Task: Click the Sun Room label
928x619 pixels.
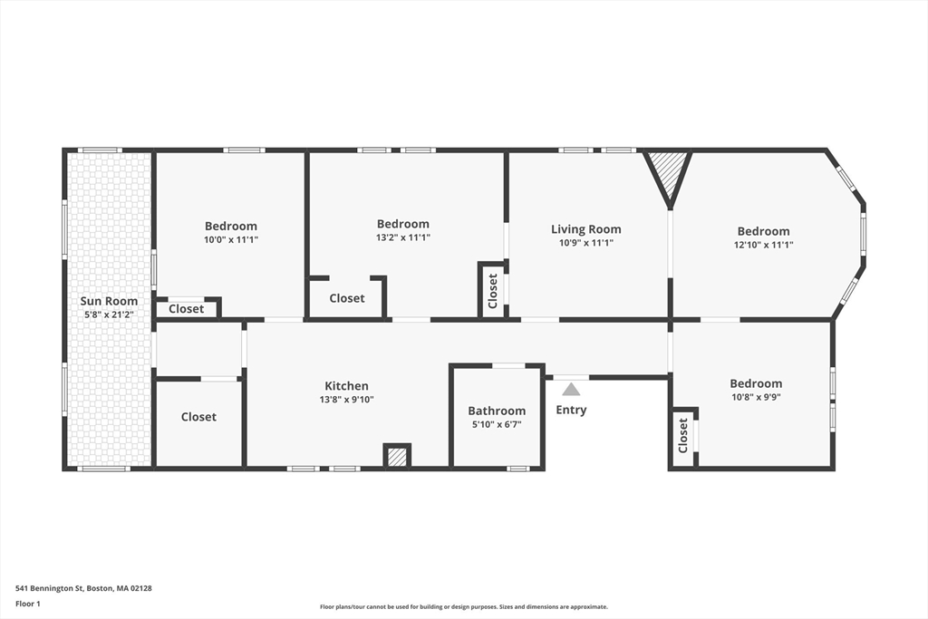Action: pos(109,301)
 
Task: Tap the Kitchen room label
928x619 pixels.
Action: pos(346,386)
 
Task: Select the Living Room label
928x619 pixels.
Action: pos(586,229)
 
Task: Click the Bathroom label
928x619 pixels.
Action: pos(497,411)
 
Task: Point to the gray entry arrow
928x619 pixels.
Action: pos(571,390)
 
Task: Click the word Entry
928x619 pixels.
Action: pos(571,410)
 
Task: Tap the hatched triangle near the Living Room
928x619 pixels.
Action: pos(668,174)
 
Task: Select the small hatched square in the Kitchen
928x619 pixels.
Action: pos(397,456)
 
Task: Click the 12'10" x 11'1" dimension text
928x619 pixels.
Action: pos(763,245)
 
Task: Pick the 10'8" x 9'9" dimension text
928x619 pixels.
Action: pos(756,397)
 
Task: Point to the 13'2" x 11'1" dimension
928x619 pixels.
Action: pos(403,237)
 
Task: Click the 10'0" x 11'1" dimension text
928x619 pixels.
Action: pos(231,239)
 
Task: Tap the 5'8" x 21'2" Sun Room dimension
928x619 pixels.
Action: pos(109,314)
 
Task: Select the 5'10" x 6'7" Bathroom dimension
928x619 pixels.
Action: pos(497,424)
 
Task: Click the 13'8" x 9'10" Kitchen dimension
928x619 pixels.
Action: pos(346,400)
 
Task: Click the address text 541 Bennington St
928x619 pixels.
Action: pos(49,588)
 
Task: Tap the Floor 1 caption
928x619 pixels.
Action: pos(28,604)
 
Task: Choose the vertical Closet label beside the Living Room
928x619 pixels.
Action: pos(492,291)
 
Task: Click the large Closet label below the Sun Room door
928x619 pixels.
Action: pos(198,417)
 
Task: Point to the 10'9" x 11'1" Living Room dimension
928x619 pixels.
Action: pos(586,243)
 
